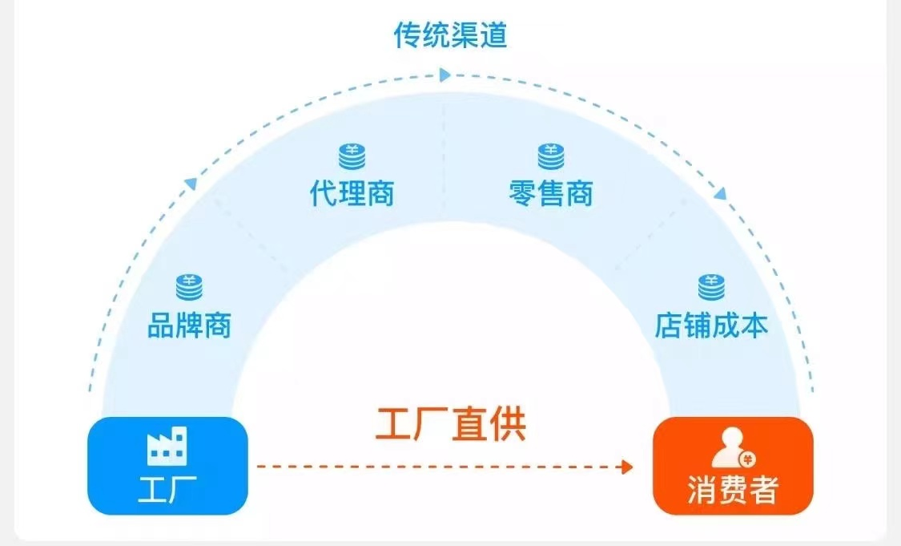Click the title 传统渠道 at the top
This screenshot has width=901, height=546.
click(x=450, y=35)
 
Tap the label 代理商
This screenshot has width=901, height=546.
click(x=352, y=193)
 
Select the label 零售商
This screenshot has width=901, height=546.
click(x=550, y=193)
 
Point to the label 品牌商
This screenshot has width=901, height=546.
click(x=189, y=325)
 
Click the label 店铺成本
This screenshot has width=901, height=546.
click(x=710, y=325)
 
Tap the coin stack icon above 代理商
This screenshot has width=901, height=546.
click(x=352, y=156)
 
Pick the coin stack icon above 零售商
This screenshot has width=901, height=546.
click(x=550, y=156)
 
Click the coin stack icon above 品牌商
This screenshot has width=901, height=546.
click(x=189, y=287)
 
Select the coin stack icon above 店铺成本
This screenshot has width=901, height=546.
click(x=710, y=287)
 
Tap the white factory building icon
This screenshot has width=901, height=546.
click(x=167, y=447)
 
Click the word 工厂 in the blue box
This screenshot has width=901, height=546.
click(x=167, y=488)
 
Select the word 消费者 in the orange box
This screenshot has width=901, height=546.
click(x=732, y=490)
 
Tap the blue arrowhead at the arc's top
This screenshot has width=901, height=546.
click(x=445, y=75)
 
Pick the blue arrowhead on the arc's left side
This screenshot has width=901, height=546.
click(x=191, y=184)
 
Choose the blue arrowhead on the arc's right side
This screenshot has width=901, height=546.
click(x=720, y=193)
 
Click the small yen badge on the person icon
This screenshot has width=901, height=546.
click(x=746, y=459)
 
